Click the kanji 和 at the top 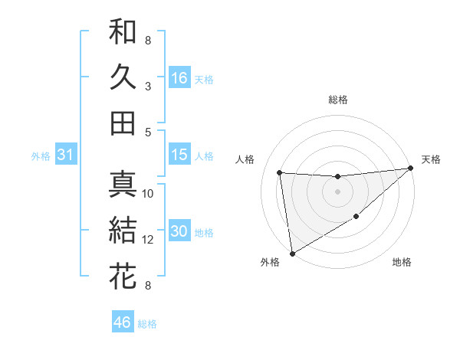123,31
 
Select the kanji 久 123,77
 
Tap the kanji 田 123,123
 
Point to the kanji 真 123,185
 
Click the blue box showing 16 179,77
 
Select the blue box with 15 179,155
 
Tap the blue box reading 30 179,231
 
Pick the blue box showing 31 65,155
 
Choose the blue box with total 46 122,322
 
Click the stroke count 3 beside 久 148,87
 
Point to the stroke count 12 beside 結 149,240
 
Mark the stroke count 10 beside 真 149,194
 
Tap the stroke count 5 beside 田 148,132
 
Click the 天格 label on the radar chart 431,159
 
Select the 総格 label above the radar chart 338,100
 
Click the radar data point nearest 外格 292,253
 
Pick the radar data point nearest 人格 280,172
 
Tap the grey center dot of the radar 337,191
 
